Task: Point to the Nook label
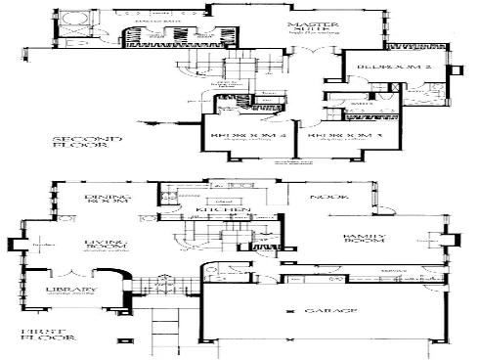pyautogui.click(x=324, y=198)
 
